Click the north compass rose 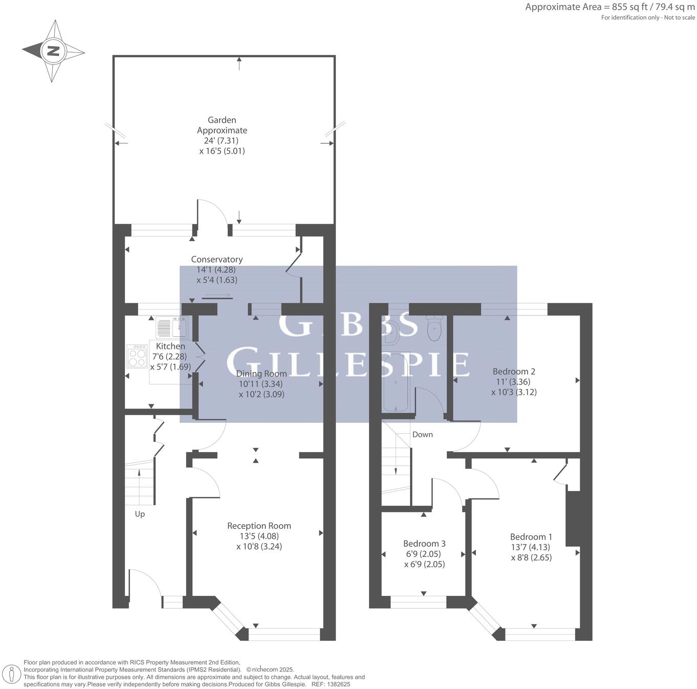(x=53, y=51)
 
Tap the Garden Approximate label (x=222, y=125)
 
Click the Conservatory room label (x=216, y=260)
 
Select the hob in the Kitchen (x=137, y=356)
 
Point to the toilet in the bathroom (x=434, y=329)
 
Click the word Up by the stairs (x=140, y=514)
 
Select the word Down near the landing (x=422, y=435)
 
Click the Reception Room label (x=259, y=526)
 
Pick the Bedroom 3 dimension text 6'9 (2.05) (x=423, y=554)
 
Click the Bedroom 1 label (x=531, y=537)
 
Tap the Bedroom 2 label (x=514, y=372)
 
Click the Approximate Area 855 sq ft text (x=609, y=7)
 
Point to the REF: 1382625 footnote (x=331, y=684)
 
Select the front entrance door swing (x=145, y=584)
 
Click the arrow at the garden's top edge (x=239, y=63)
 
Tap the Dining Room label (x=261, y=374)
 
